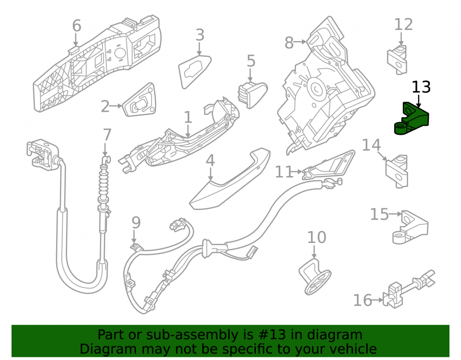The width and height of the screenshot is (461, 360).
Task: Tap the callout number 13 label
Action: (421, 87)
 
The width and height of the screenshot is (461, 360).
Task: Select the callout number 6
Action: (77, 26)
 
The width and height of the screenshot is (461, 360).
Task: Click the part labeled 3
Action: (194, 71)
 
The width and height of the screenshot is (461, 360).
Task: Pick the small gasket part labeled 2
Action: (139, 100)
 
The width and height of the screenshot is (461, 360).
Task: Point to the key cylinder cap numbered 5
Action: (253, 95)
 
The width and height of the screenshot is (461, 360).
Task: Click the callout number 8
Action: (289, 43)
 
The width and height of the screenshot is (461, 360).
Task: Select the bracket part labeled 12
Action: (397, 60)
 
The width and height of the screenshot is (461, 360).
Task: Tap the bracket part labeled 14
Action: (397, 171)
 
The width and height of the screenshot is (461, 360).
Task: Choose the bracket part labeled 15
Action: (410, 227)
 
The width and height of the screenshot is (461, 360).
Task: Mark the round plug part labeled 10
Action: (314, 277)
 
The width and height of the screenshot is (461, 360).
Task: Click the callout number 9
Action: (136, 223)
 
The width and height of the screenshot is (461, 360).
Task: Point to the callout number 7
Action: (107, 135)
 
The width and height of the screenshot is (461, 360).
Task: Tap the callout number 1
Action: (188, 118)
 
